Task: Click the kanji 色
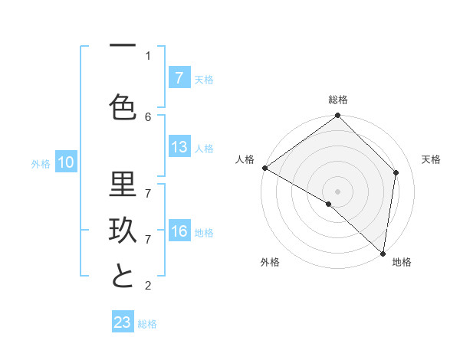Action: (123, 107)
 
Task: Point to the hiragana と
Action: (123, 276)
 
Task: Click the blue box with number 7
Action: (179, 77)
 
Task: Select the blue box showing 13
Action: (179, 148)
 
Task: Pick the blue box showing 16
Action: (179, 232)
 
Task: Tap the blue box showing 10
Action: (65, 162)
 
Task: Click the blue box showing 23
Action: (123, 322)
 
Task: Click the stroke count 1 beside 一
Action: (148, 55)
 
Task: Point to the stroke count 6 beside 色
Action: (148, 116)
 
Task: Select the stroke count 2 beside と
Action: (148, 286)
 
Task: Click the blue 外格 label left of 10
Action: (41, 163)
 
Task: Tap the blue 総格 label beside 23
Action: (147, 323)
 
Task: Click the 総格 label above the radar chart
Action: (338, 100)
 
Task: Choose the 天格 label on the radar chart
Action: (431, 159)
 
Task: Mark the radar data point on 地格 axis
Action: (383, 253)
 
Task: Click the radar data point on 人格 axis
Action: (264, 168)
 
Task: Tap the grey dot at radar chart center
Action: (337, 191)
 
